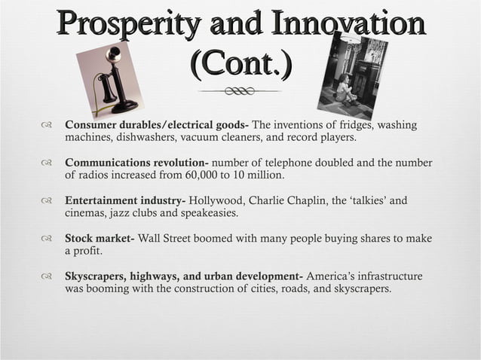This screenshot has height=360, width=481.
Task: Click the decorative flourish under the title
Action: [240, 91]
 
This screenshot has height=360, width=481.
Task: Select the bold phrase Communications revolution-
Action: [136, 163]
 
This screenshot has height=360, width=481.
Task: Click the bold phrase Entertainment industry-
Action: [125, 201]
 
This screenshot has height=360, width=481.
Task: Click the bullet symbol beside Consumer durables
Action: [48, 126]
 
